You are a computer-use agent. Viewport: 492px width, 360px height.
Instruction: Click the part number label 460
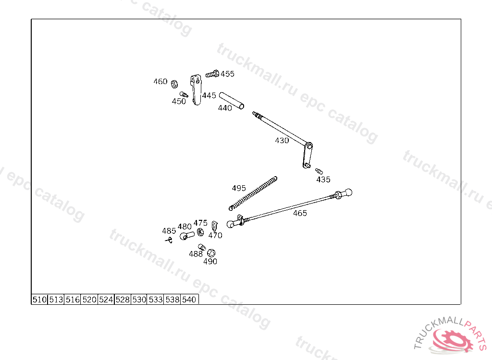160,82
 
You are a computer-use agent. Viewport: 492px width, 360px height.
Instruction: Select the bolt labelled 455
212,74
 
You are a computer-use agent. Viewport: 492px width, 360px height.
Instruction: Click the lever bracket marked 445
196,89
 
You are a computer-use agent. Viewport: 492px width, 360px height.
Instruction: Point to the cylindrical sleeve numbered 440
232,100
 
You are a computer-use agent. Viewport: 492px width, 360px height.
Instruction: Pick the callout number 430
282,141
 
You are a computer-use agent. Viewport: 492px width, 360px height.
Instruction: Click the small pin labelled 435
319,171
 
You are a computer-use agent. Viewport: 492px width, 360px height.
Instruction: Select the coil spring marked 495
253,193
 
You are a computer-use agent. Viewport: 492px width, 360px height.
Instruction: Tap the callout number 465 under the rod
300,213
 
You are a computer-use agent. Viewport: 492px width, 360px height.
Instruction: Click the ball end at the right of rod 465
347,192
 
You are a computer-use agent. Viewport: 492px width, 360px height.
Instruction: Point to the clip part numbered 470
215,226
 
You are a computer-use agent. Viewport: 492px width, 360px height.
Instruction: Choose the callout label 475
200,223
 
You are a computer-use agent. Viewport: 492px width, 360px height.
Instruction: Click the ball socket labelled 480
186,235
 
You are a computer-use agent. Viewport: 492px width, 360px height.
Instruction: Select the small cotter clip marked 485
168,239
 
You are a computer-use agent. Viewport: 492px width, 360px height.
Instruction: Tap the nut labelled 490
211,253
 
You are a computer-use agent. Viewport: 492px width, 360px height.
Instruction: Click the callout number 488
196,254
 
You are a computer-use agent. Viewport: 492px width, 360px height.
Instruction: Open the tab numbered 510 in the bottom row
39,300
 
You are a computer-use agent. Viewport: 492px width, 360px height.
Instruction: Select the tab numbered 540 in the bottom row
189,300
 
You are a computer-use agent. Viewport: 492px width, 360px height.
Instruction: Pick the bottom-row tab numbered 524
106,300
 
